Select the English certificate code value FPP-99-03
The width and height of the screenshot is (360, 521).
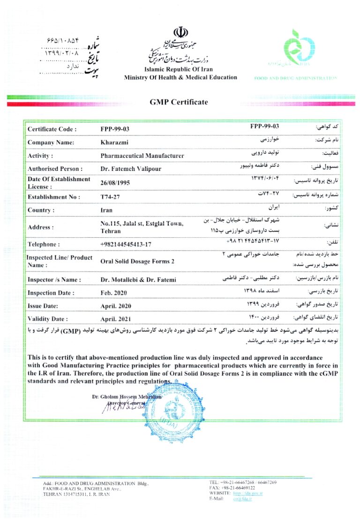click(x=115, y=129)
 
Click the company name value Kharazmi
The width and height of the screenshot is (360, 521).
click(x=112, y=142)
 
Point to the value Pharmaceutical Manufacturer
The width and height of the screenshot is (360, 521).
click(x=142, y=156)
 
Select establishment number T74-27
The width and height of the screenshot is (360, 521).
click(x=110, y=197)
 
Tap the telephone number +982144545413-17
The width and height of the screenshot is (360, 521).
click(x=126, y=244)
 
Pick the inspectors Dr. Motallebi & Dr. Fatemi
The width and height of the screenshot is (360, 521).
click(x=138, y=280)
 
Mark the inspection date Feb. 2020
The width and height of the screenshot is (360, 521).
click(x=113, y=293)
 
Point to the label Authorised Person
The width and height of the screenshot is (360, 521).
click(x=55, y=169)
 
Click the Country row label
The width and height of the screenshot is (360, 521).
click(x=41, y=210)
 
